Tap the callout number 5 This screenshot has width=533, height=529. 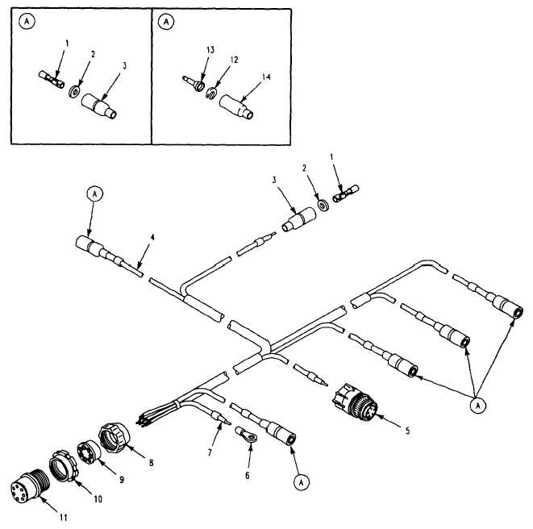click(x=408, y=431)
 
